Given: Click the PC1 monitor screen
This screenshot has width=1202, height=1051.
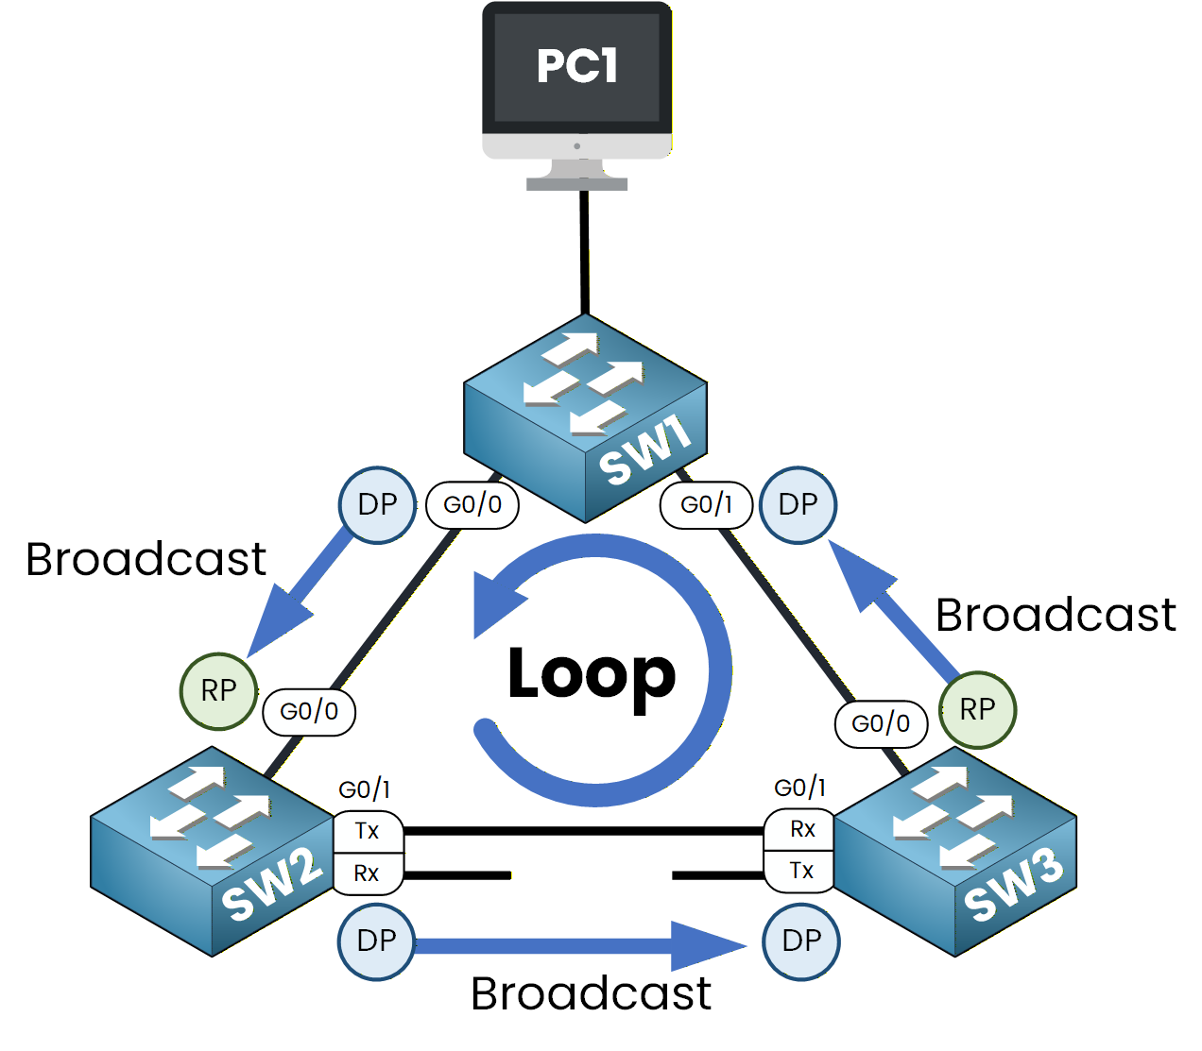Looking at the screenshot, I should click(576, 66).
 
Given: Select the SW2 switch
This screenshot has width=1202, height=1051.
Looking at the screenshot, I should click(212, 851).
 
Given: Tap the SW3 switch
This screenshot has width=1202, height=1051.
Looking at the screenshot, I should click(954, 851).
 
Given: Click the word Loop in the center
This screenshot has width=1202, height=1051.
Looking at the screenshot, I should click(592, 674).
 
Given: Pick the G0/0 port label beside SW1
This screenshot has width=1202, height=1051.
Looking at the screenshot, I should click(472, 505).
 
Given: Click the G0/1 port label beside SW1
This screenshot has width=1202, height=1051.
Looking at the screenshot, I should click(706, 505).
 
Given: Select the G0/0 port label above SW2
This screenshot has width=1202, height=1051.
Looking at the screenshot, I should click(309, 711).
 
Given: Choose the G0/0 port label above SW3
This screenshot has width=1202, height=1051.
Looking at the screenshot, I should click(881, 724).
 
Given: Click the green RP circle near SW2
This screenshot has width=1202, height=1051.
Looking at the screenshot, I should click(218, 691).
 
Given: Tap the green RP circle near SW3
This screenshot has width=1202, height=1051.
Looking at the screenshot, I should click(977, 709).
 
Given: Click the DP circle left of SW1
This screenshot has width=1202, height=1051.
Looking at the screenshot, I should click(377, 504).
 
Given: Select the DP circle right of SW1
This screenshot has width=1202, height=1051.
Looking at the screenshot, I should click(798, 504).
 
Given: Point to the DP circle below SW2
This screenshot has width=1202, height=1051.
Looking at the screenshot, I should click(376, 941).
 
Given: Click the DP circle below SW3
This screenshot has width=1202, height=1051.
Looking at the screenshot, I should click(801, 941).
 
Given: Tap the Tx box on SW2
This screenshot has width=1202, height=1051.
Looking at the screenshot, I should click(368, 831).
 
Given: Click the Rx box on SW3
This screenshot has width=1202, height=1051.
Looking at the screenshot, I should click(801, 829).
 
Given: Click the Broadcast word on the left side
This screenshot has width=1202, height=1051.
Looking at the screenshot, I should click(146, 560).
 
